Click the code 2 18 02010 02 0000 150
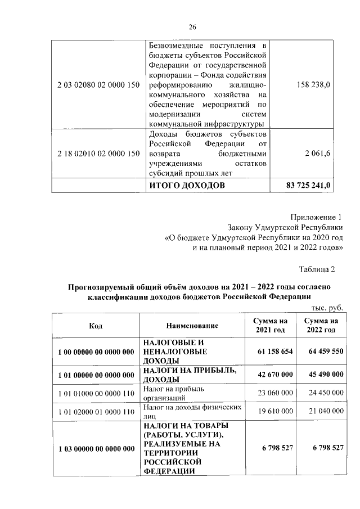(x=98, y=153)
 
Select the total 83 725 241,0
(x=309, y=185)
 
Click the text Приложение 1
(x=316, y=217)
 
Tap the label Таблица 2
(x=317, y=269)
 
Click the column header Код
(x=96, y=326)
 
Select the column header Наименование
(x=192, y=326)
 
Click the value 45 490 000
(x=323, y=374)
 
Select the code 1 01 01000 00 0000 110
(x=96, y=393)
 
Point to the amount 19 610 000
(x=276, y=411)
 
